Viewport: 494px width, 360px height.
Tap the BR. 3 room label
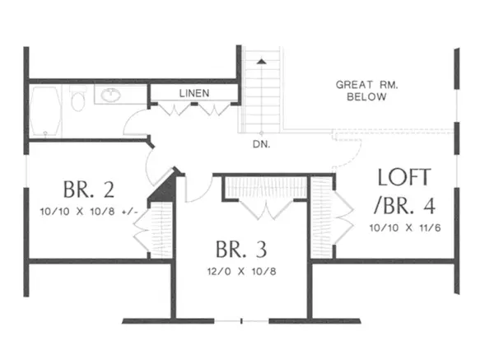click(240, 249)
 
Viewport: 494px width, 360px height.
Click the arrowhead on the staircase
click(262, 61)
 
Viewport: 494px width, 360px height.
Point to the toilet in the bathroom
click(78, 102)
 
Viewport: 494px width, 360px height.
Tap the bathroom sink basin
click(110, 96)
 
